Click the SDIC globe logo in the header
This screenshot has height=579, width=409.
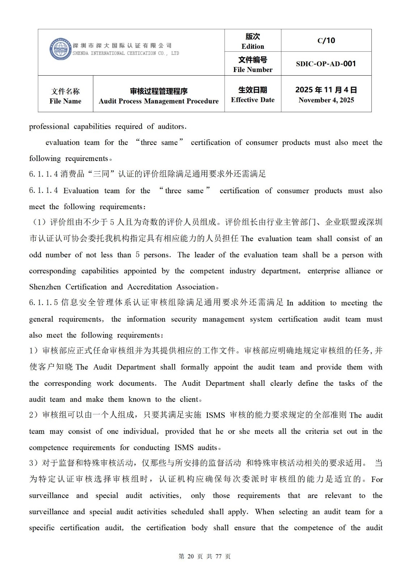[x=60, y=49]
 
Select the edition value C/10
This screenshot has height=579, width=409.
[x=326, y=41]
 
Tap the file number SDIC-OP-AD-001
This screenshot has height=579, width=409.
[x=326, y=64]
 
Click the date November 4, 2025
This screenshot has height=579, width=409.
[x=326, y=100]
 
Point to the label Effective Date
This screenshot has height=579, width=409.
[x=253, y=100]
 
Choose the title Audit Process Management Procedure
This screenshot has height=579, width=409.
[x=158, y=101]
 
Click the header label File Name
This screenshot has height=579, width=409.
[x=65, y=101]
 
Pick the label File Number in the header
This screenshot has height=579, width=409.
[x=253, y=70]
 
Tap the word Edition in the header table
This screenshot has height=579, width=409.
[x=253, y=47]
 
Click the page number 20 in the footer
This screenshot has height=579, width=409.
[x=191, y=557]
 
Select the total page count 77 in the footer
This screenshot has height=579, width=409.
[x=218, y=557]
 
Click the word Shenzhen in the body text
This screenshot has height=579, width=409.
[x=45, y=287]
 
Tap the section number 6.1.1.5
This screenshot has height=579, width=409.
[x=43, y=303]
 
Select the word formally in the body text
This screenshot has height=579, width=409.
[x=195, y=367]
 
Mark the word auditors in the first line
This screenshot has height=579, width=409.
[x=171, y=127]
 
